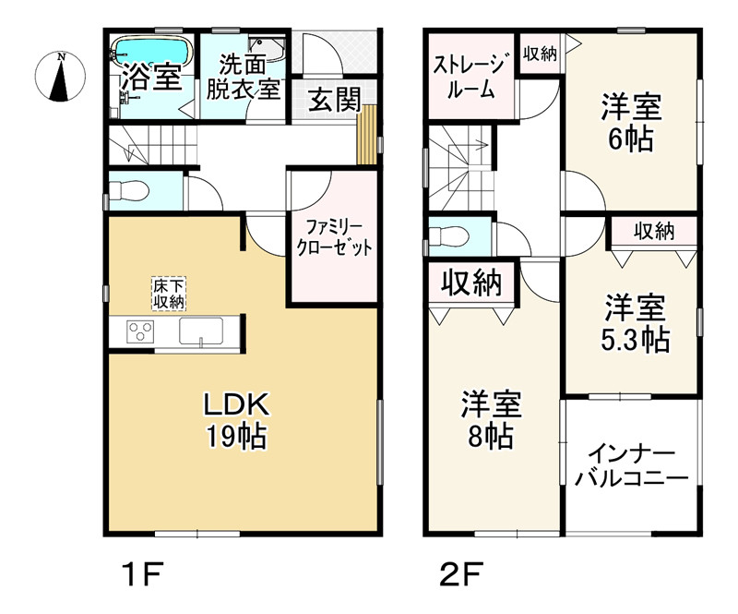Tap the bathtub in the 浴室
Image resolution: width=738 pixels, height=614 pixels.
pyautogui.click(x=150, y=51)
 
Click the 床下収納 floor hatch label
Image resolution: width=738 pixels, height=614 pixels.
pyautogui.click(x=168, y=292)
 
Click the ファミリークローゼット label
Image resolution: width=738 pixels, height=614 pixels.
pyautogui.click(x=334, y=237)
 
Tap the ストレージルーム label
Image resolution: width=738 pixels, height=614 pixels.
pyautogui.click(x=470, y=78)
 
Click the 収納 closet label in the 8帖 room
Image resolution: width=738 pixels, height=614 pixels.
pyautogui.click(x=470, y=283)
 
